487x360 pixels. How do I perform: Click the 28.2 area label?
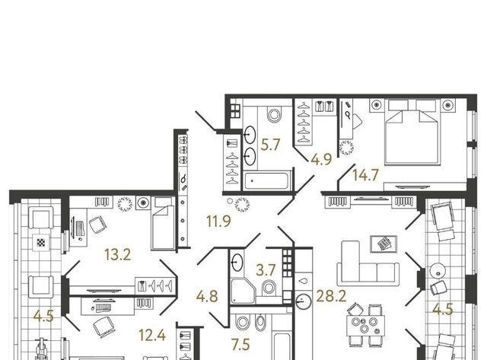(331, 296)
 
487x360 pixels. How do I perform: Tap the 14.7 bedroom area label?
(365, 175)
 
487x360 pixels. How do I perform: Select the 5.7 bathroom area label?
(270, 145)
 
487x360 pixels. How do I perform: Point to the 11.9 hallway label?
(218, 221)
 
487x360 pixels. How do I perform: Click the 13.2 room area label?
(118, 255)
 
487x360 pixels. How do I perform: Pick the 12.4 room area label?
(152, 336)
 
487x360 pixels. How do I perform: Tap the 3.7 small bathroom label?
(266, 270)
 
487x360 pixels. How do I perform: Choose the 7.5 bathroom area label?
(240, 345)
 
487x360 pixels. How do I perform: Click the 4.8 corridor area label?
(207, 296)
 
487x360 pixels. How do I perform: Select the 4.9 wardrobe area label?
(321, 159)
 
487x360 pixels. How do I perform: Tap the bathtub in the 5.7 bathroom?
(266, 181)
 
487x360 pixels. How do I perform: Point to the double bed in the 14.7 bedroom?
(412, 132)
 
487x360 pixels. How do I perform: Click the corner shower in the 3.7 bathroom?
(243, 291)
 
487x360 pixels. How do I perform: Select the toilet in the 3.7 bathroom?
(269, 288)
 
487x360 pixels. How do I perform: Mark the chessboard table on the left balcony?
(41, 242)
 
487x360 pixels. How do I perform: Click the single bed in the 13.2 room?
(162, 223)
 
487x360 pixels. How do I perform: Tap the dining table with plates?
(365, 325)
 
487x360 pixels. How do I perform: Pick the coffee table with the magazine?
(384, 244)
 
